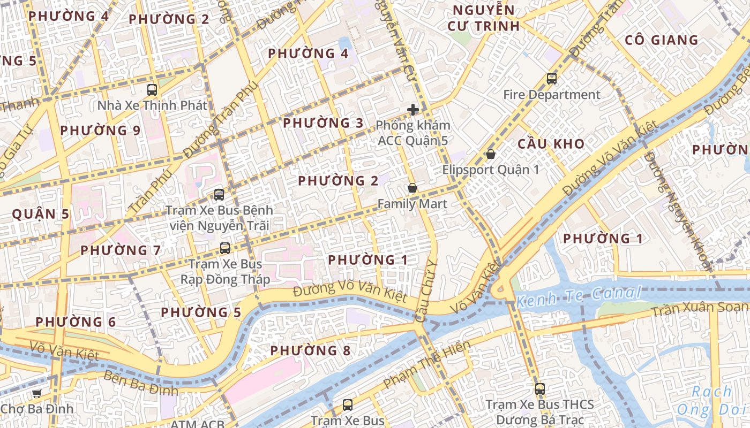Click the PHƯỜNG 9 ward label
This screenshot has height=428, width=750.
pos(100,131)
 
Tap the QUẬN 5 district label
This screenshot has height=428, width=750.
pos(41,215)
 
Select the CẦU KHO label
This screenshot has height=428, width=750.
pos(551,144)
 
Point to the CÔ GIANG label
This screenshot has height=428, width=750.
pos(662,40)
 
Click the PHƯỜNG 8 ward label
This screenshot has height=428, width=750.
pos(310,351)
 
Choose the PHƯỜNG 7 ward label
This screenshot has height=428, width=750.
pos(121,250)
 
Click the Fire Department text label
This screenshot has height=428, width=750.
pos(552,95)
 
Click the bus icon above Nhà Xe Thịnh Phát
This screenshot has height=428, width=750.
pos(152,90)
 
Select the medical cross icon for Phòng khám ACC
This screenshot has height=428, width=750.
pos(412,110)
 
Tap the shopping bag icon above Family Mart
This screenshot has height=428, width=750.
pos(412,188)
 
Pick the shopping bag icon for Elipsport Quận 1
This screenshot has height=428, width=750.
pos(490,154)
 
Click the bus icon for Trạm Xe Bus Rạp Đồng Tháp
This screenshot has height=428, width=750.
pos(225,248)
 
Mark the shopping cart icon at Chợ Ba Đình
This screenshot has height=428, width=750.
pos(36,394)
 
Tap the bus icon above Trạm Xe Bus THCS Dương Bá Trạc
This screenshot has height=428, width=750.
pos(539,389)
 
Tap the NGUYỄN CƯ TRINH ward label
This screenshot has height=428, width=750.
pos(483,18)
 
